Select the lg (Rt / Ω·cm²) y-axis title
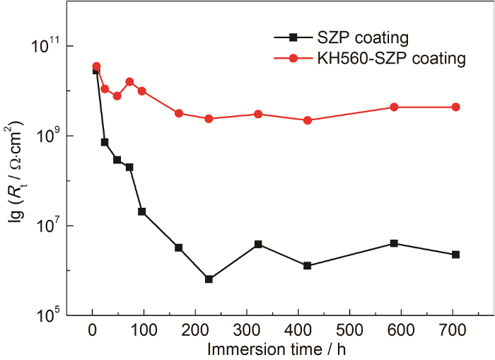coord(16,181)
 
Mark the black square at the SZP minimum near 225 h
coord(209,279)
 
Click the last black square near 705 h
coord(455,255)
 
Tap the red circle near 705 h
coord(455,107)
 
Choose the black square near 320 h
coord(258,244)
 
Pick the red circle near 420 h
coord(308,120)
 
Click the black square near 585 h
coord(394,243)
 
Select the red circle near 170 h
coord(179,113)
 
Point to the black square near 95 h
coord(142,211)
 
